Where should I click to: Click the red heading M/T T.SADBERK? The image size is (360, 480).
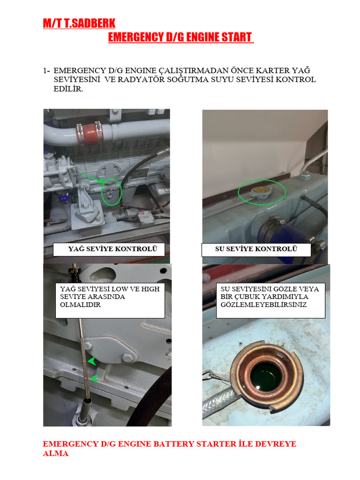79,23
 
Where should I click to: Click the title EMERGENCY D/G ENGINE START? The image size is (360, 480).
180,37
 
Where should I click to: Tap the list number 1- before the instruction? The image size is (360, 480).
46,70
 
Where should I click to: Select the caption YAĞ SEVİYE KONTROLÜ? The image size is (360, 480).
109,249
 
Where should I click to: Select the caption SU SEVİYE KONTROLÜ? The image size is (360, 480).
256,249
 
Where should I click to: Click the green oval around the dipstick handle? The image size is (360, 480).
111,191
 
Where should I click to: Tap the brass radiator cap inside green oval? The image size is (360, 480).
261,191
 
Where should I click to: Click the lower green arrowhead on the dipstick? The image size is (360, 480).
94,378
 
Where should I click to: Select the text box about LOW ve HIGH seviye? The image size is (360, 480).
110,300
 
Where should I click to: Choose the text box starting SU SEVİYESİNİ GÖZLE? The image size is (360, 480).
270,300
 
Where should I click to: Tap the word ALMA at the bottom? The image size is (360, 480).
56,453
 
